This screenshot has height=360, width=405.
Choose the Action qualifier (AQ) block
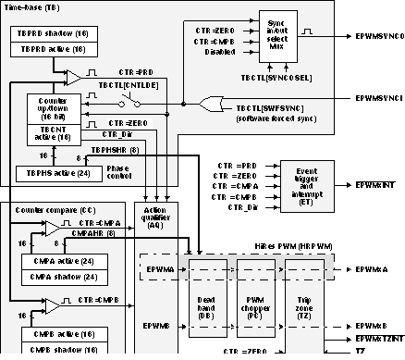click(x=154, y=223)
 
